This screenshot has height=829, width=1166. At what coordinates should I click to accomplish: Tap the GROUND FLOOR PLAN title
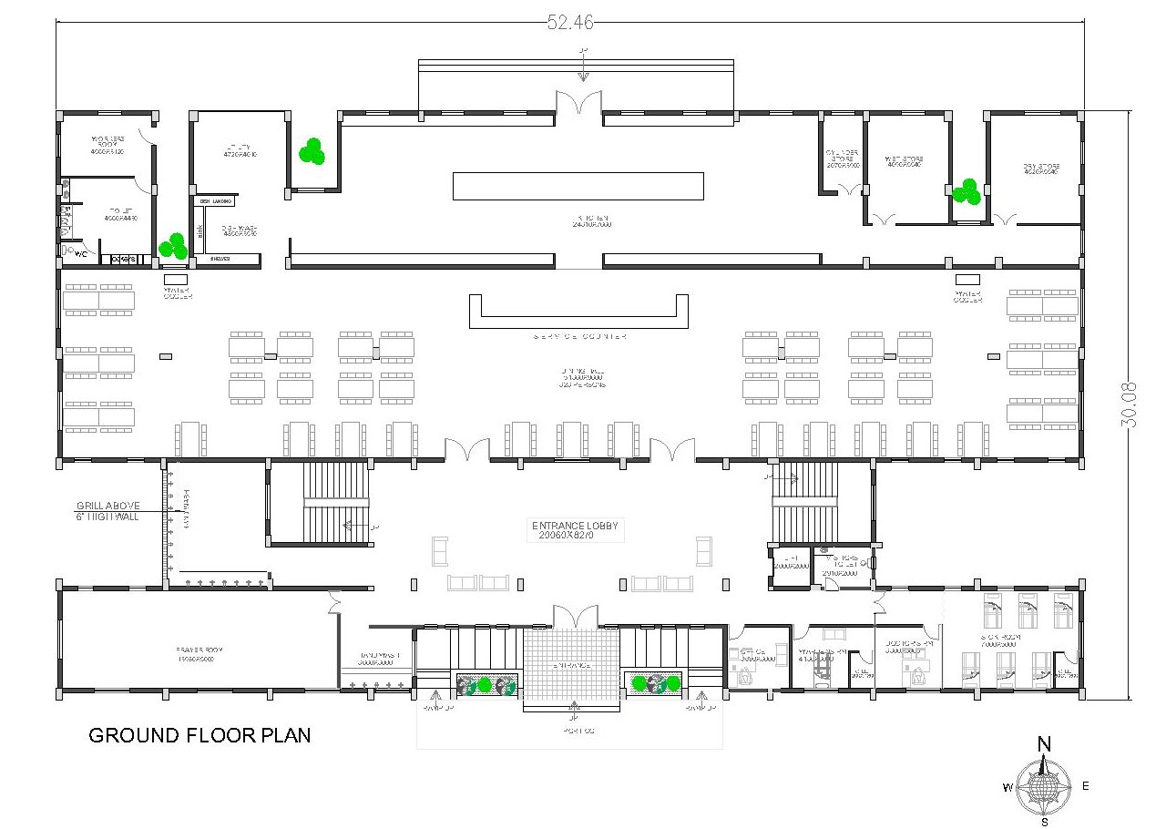[x=199, y=735]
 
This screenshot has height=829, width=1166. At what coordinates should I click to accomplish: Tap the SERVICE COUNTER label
[x=579, y=337]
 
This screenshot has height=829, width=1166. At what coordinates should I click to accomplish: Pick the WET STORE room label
[x=903, y=161]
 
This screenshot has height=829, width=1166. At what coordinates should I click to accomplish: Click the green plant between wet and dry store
[x=966, y=192]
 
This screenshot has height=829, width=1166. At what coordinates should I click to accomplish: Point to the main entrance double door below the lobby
[x=571, y=616]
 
